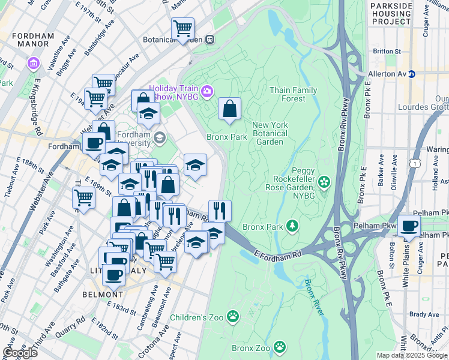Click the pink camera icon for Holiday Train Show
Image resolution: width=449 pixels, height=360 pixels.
click(x=207, y=91)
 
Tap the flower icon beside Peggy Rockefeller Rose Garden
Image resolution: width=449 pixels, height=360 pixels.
click(x=325, y=181)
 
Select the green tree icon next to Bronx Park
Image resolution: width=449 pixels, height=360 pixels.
click(x=292, y=226)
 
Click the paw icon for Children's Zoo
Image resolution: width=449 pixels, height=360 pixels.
click(x=232, y=316)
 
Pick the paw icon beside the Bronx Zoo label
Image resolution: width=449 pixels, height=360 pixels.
click(x=280, y=347)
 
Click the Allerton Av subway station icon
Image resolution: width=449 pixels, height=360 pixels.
click(x=412, y=74)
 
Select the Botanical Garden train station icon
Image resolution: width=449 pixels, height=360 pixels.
click(x=209, y=40)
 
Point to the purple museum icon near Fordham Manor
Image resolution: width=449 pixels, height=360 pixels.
click(x=33, y=63)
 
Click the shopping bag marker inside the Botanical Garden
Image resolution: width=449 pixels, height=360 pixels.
click(x=229, y=109)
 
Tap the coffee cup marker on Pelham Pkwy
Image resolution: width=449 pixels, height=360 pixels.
click(x=409, y=226)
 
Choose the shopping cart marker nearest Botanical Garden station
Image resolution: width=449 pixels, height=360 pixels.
click(x=182, y=28)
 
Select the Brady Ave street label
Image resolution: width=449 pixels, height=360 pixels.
click(x=424, y=314)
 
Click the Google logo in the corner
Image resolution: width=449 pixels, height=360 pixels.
click(x=20, y=352)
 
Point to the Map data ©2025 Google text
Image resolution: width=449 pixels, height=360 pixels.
click(x=412, y=355)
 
